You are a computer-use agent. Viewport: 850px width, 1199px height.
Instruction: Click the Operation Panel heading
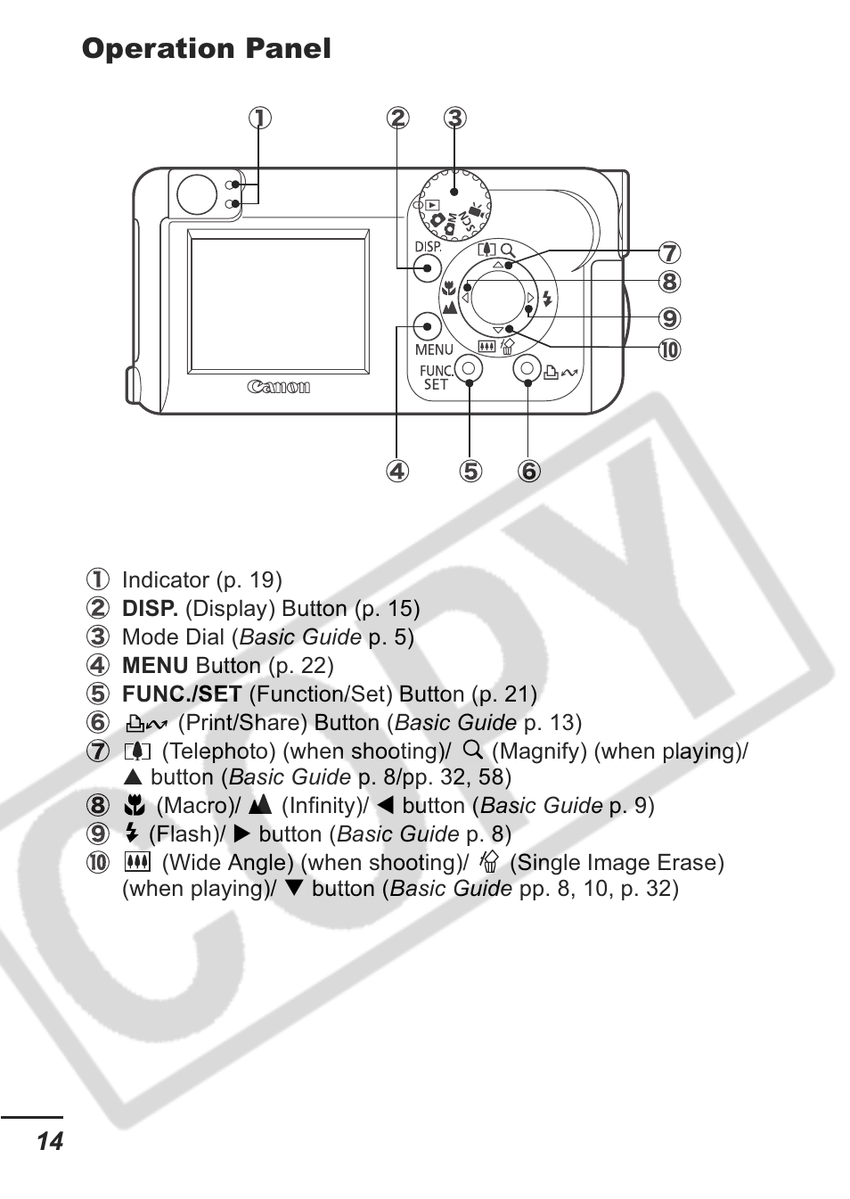tap(206, 49)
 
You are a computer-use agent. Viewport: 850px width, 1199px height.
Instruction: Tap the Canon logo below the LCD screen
tap(279, 387)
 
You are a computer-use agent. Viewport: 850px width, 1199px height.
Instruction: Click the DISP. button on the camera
tap(429, 267)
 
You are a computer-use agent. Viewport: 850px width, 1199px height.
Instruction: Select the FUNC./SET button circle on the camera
tap(469, 368)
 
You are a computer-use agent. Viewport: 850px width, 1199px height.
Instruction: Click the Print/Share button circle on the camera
tap(527, 368)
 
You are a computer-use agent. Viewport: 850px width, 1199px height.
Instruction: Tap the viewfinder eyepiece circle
tap(197, 194)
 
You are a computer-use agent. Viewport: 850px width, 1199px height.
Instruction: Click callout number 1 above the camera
tap(259, 118)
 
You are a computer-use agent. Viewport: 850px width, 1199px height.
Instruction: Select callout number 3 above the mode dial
tap(454, 118)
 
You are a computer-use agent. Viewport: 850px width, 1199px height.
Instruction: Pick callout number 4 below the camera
tap(396, 471)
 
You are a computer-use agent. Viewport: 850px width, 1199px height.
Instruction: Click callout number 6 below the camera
tap(528, 471)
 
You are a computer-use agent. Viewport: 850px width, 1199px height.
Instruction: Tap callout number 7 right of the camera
tap(669, 253)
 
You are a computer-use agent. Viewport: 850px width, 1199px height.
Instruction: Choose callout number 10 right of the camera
tap(669, 349)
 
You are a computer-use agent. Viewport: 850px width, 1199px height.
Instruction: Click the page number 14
tap(50, 1142)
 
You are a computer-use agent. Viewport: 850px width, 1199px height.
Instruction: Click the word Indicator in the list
tap(165, 580)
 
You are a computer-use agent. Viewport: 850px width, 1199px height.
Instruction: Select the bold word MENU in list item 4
tap(155, 666)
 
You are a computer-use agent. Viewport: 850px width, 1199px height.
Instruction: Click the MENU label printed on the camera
tap(434, 349)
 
